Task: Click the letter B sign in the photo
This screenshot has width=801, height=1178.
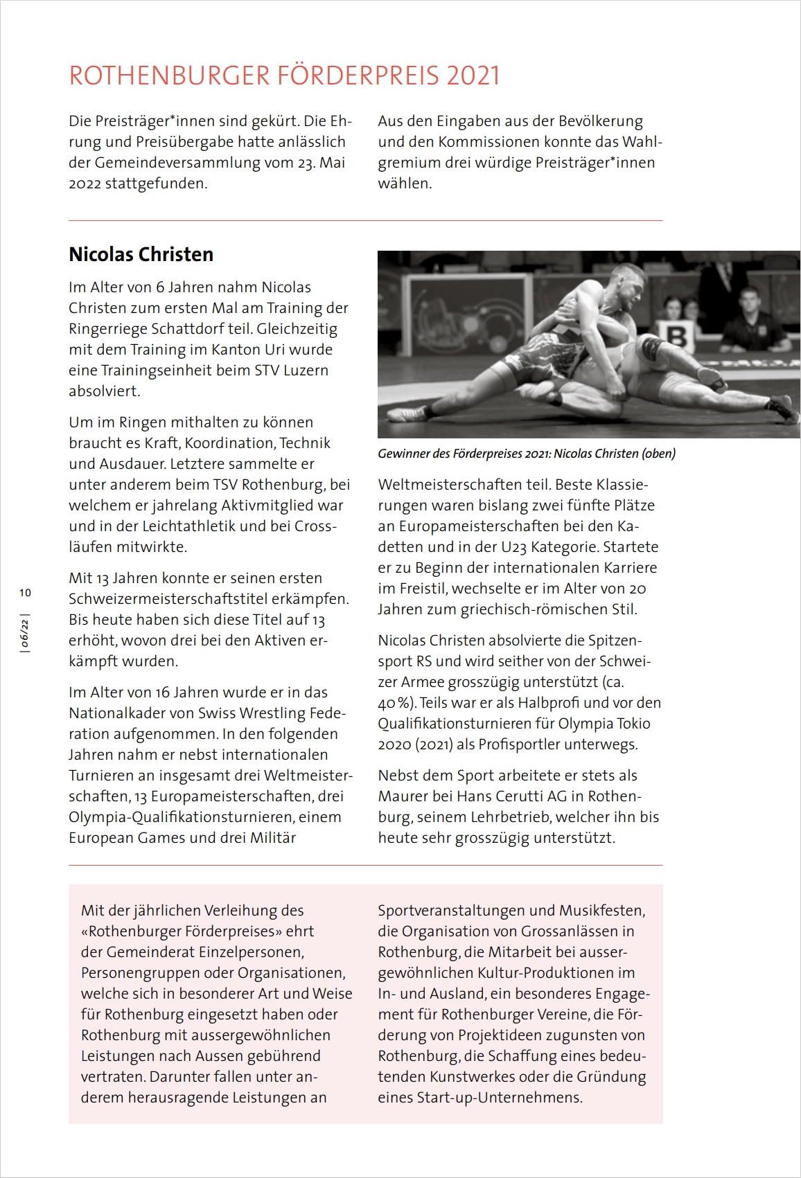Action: click(x=678, y=337)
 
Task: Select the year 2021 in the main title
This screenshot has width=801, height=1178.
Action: click(x=473, y=75)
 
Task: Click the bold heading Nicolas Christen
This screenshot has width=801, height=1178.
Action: click(x=141, y=254)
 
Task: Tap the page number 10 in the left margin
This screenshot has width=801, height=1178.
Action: click(x=26, y=593)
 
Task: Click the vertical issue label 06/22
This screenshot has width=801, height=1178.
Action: click(x=26, y=633)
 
